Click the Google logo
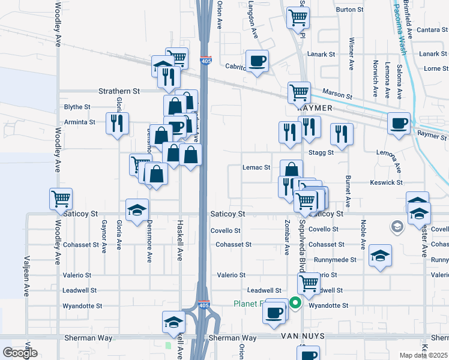(x=20, y=353)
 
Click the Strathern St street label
(x=119, y=91)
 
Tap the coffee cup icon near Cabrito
(x=257, y=61)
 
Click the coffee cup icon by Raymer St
(x=399, y=124)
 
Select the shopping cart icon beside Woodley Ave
(x=61, y=199)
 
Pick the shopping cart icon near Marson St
(x=299, y=92)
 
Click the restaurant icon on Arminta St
(x=116, y=123)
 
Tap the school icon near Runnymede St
(x=380, y=256)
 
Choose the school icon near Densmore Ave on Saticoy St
(x=137, y=210)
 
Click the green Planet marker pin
(x=295, y=304)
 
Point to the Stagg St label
(x=321, y=152)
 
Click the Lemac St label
(x=256, y=167)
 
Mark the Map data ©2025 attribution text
(x=424, y=355)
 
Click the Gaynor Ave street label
(x=104, y=236)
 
